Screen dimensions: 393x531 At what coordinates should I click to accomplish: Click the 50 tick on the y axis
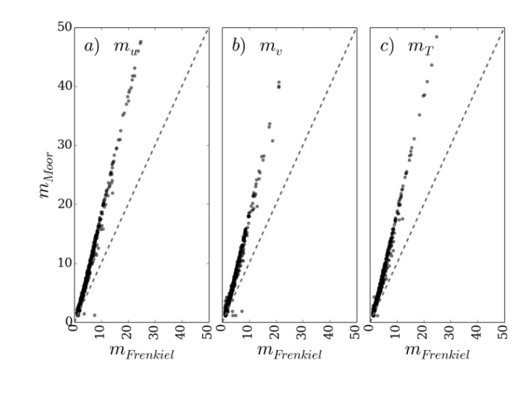[x=64, y=27]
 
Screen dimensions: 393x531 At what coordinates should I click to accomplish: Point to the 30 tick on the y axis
[x=64, y=145]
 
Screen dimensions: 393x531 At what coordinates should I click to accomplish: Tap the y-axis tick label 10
[x=64, y=262]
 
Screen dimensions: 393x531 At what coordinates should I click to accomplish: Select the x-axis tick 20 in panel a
[x=128, y=331]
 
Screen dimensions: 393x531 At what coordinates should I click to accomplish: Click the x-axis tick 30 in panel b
[x=302, y=331]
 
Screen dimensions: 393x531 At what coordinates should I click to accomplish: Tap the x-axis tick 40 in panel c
[x=476, y=331]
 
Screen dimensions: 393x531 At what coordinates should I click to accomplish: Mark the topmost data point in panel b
[x=278, y=83]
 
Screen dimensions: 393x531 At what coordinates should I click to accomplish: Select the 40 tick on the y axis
[x=64, y=86]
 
